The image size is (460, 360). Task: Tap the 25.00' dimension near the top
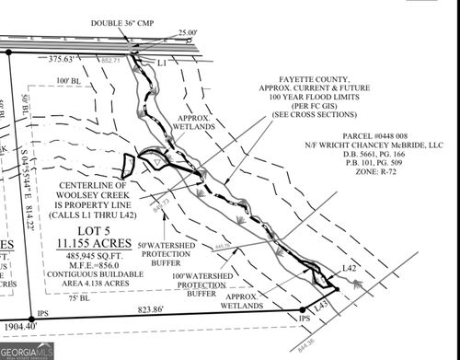pyautogui.click(x=186, y=33)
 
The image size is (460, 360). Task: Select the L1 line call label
pyautogui.click(x=162, y=63)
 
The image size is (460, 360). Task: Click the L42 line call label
pyautogui.click(x=349, y=267)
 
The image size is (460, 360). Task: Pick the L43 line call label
pyautogui.click(x=321, y=303)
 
